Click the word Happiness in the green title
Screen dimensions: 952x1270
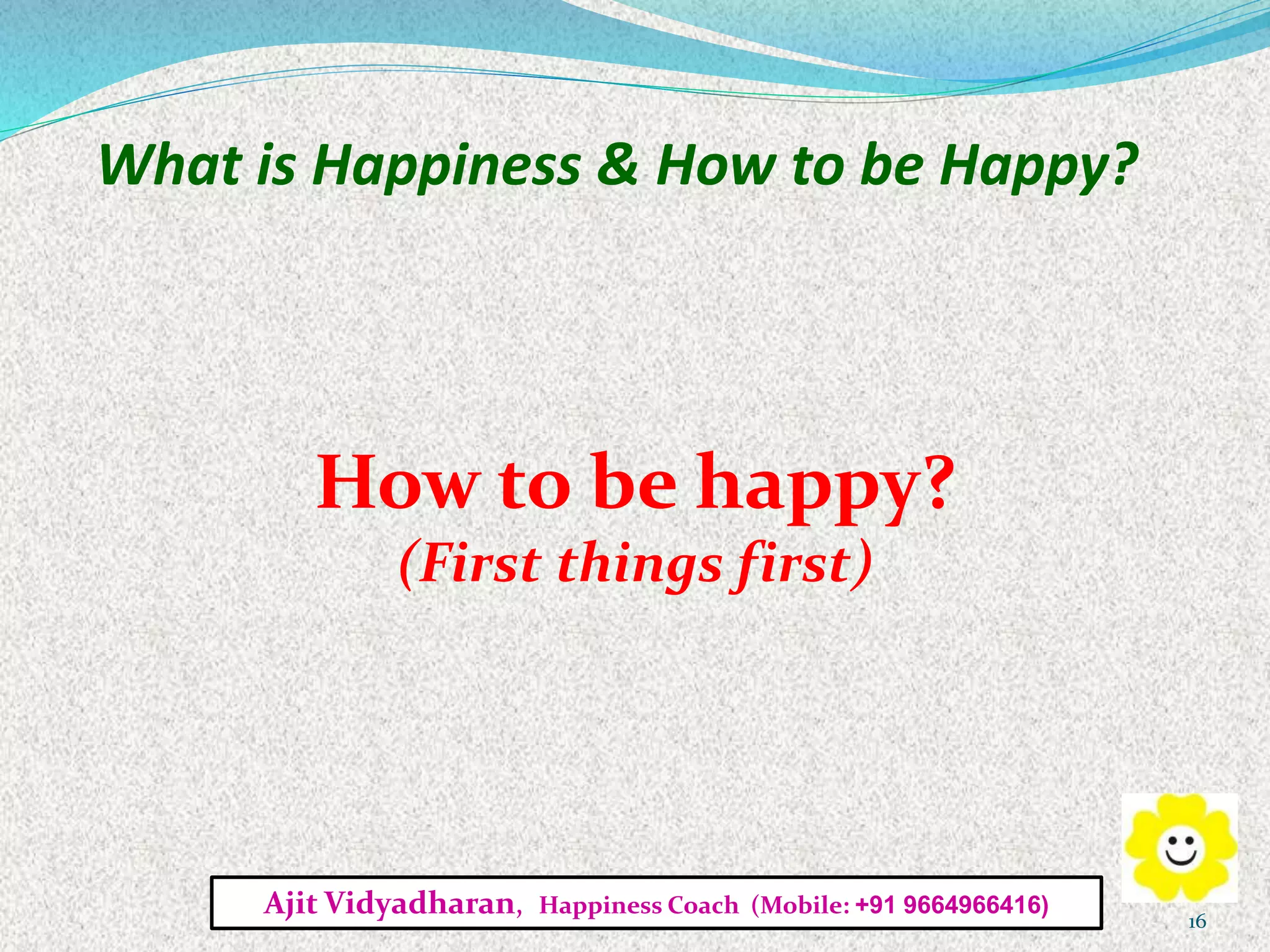446,166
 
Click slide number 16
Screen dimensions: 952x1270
1196,922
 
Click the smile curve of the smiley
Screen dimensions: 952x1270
1181,859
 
